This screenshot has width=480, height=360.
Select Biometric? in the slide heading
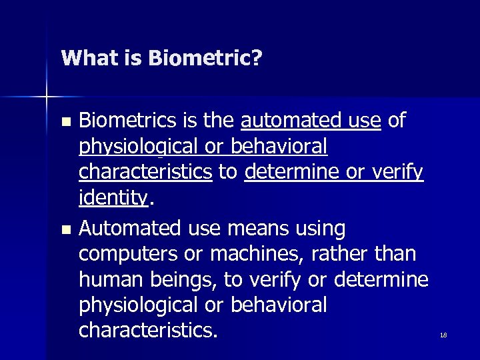(x=205, y=59)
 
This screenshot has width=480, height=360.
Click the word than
(x=396, y=254)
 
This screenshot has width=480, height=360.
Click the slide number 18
(x=443, y=335)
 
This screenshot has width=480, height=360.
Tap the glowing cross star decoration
(x=47, y=98)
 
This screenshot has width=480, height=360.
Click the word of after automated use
(x=396, y=121)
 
